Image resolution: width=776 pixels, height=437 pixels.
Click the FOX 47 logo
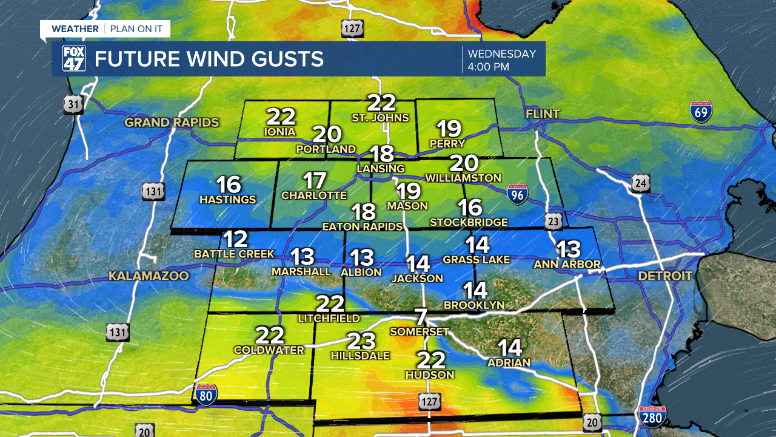click(74, 59)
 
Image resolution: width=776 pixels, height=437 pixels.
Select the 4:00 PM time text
click(488, 67)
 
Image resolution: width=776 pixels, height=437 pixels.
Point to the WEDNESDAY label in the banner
click(501, 53)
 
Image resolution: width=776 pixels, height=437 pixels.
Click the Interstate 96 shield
click(517, 194)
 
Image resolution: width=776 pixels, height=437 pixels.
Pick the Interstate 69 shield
click(701, 112)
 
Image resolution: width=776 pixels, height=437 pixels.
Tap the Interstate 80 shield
click(206, 394)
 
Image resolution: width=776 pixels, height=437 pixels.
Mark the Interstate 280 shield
click(652, 417)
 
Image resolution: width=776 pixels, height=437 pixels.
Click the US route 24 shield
click(641, 183)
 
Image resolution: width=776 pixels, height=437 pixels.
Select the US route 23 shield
click(552, 222)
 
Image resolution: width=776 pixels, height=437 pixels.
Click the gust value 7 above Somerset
click(421, 317)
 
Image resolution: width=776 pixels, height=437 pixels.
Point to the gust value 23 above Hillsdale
click(361, 341)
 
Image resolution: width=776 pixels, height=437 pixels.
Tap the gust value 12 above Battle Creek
click(235, 239)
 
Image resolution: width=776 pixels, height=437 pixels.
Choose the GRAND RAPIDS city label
click(172, 123)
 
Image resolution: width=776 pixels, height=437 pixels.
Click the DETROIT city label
click(664, 276)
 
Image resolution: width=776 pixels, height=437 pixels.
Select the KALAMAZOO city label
click(149, 276)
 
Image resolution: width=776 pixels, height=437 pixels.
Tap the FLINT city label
click(543, 114)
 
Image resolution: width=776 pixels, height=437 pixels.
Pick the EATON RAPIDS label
click(363, 226)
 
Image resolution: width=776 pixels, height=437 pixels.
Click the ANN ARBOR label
click(567, 264)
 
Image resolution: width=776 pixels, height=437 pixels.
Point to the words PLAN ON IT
click(137, 29)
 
